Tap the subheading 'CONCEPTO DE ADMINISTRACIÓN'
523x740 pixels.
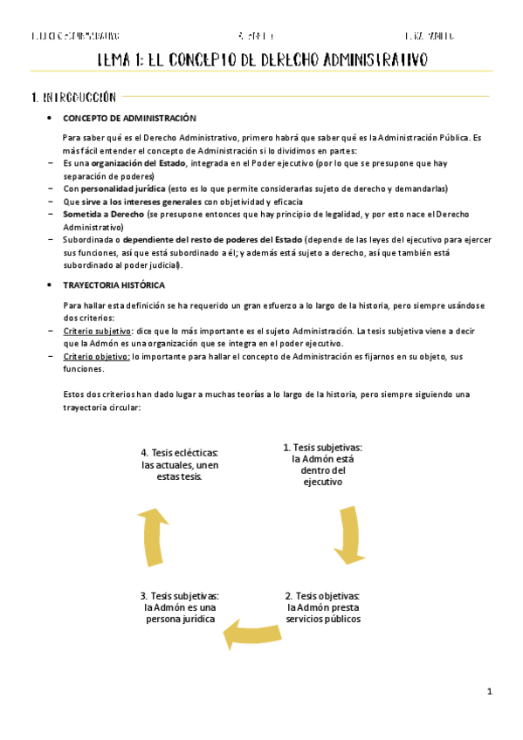129,119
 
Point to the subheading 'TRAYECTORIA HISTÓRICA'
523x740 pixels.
114,285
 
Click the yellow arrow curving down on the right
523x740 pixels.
350,535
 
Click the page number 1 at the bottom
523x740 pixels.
490,692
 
